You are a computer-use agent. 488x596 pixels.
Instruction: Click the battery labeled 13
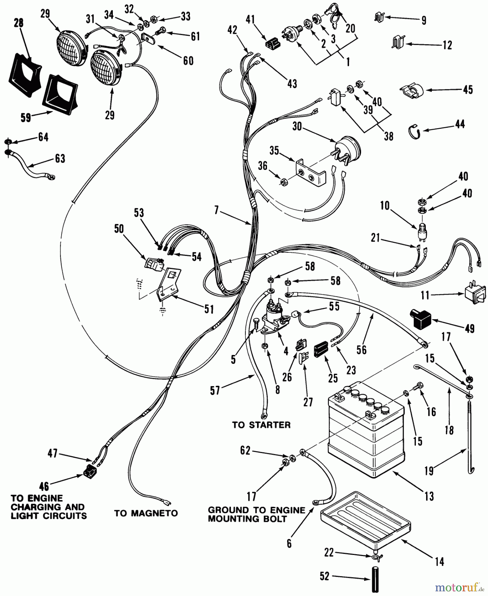click(x=366, y=430)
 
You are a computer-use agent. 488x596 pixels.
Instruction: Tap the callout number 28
click(x=19, y=24)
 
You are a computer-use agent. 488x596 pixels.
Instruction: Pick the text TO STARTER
click(x=261, y=425)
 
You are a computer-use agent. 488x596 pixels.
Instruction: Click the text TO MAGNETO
click(x=146, y=514)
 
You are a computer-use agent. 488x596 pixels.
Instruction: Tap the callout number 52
click(x=325, y=576)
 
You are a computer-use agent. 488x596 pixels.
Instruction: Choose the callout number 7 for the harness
click(x=216, y=210)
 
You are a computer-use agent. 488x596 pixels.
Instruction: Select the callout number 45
click(x=468, y=89)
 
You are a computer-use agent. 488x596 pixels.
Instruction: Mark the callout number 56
click(x=362, y=349)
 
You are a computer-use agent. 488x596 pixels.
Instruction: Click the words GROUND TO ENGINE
click(x=256, y=510)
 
